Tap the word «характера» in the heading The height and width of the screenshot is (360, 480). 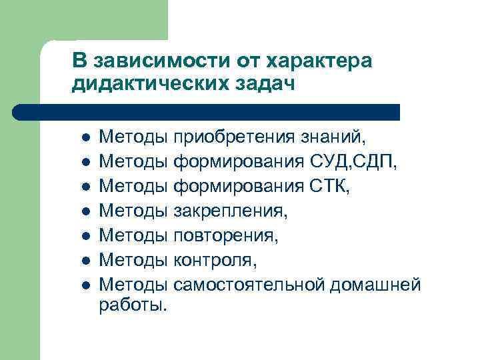pyautogui.click(x=319, y=61)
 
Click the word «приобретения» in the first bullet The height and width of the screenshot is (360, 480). pyautogui.click(x=233, y=137)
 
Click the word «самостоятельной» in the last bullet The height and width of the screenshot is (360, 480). pyautogui.click(x=249, y=285)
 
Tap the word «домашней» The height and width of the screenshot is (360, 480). pyautogui.click(x=375, y=285)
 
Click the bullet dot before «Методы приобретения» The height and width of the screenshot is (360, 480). pyautogui.click(x=85, y=138)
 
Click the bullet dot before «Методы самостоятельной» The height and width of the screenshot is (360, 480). pyautogui.click(x=85, y=286)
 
